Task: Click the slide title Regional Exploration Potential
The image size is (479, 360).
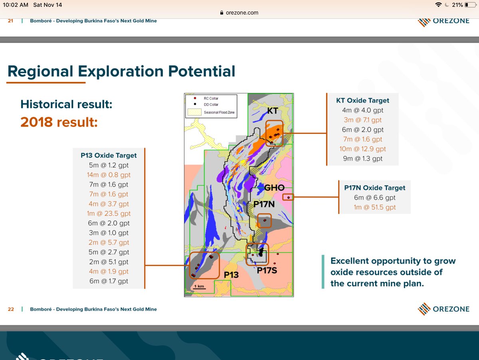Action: click(x=121, y=71)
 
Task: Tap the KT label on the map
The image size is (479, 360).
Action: click(x=272, y=111)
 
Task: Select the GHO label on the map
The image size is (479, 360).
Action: click(x=275, y=188)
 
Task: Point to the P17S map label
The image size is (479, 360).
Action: click(x=267, y=270)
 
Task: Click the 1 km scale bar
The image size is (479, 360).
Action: click(x=199, y=286)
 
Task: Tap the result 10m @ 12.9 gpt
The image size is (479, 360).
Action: click(x=362, y=149)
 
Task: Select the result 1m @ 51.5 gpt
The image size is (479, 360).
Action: click(x=375, y=207)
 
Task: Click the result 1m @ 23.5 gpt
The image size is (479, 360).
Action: click(x=109, y=214)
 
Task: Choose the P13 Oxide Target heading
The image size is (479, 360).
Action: click(x=109, y=155)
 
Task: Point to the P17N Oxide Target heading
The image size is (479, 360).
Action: click(x=375, y=188)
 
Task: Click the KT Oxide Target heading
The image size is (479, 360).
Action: click(x=362, y=100)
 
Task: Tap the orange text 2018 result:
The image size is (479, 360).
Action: click(x=59, y=122)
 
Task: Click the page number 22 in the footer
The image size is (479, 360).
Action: click(x=11, y=309)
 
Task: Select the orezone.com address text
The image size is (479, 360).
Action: click(x=242, y=12)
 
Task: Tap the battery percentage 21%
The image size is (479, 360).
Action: click(x=457, y=5)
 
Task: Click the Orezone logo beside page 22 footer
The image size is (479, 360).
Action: click(x=443, y=309)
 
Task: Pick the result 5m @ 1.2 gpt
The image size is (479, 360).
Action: click(x=109, y=165)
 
